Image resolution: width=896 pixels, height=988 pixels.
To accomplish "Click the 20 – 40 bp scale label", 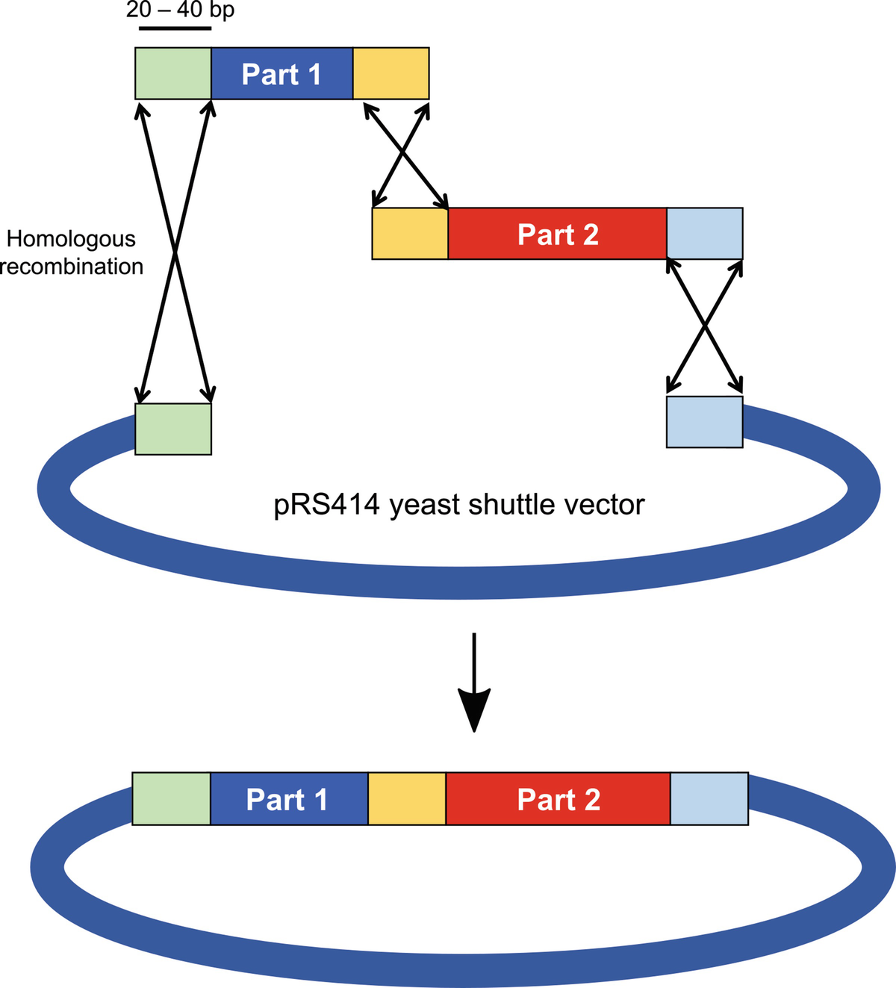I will tap(180, 10).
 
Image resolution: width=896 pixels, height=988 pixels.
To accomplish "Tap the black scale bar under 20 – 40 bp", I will tap(175, 29).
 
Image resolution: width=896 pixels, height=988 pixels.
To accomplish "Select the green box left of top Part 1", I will tap(173, 73).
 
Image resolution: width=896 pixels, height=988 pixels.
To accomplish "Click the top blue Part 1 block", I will tap(281, 73).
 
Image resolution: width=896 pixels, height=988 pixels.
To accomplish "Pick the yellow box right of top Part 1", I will tap(391, 73).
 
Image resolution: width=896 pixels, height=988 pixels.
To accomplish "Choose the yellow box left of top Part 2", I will tap(410, 234).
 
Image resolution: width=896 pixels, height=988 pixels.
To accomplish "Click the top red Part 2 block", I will tap(557, 234).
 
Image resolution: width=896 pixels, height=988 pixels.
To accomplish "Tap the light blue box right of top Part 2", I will tap(704, 234).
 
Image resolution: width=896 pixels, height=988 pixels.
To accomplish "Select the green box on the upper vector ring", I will tap(173, 429).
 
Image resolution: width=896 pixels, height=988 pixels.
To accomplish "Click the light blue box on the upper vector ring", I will tap(704, 422).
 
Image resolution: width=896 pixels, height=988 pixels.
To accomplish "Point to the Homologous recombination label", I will tap(72, 252).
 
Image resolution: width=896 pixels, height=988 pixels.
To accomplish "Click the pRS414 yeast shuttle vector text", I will tap(458, 505).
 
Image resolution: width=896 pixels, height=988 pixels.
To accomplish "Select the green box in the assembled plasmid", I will tap(171, 798).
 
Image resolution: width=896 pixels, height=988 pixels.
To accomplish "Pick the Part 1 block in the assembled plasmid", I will tap(289, 798).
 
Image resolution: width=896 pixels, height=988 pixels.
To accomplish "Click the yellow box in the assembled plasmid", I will tap(407, 798).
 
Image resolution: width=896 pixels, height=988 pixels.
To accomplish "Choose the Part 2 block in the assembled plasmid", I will tap(558, 798).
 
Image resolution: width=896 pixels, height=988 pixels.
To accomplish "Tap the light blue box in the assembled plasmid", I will tap(709, 798).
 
